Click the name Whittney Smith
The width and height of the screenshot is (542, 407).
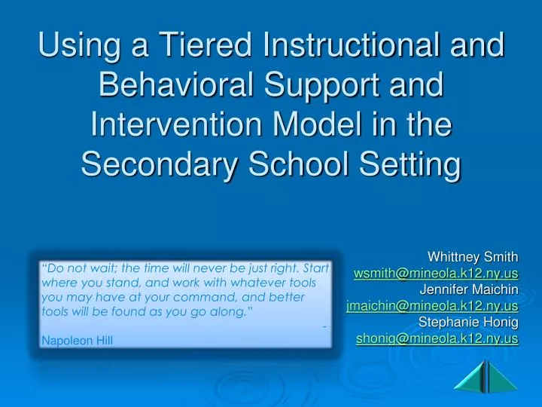pos(473,257)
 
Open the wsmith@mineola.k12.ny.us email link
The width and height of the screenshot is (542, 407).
pos(436,273)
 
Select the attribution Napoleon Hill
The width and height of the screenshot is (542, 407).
pos(78,341)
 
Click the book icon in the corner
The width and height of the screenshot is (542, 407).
pos(487,376)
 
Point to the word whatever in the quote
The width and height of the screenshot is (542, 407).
pos(256,283)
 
